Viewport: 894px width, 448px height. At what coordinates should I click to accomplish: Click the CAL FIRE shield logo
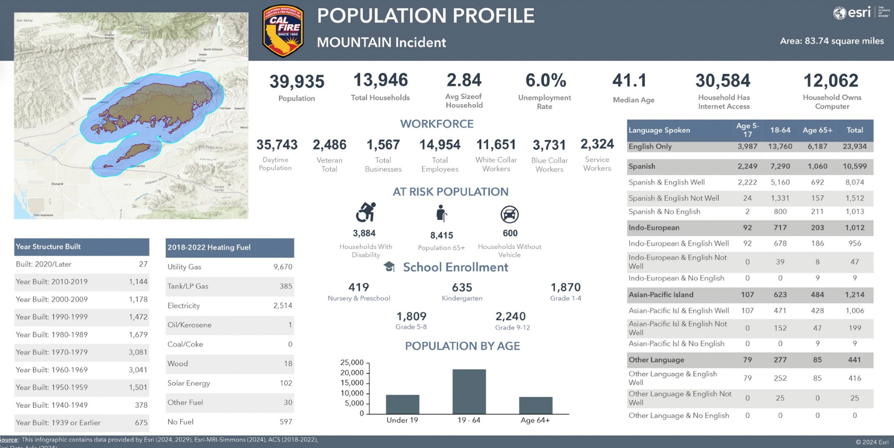(283, 31)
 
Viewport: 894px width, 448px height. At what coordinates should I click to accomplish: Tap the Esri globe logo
(839, 13)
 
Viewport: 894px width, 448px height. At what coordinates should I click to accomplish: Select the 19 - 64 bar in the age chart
(469, 391)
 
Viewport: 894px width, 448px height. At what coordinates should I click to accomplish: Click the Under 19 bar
(402, 404)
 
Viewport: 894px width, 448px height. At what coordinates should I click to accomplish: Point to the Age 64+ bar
(536, 405)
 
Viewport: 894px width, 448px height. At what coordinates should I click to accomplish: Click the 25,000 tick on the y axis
(352, 363)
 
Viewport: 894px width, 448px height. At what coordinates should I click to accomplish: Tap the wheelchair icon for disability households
(366, 212)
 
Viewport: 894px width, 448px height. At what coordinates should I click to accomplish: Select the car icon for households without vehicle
(510, 215)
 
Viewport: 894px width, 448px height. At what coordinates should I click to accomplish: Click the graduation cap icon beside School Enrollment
(389, 267)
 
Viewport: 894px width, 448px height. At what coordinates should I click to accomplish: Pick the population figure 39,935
(297, 82)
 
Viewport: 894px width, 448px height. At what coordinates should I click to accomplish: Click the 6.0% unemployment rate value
(546, 80)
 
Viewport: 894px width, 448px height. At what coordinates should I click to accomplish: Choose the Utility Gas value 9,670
(283, 267)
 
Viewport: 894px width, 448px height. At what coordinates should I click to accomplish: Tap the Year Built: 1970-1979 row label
(52, 352)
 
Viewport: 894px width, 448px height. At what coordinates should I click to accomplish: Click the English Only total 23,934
(855, 147)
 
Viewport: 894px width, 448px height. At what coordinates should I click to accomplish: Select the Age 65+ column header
(817, 130)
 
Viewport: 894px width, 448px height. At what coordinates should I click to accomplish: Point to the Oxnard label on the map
(57, 184)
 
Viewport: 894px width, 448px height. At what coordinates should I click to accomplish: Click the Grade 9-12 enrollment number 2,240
(510, 317)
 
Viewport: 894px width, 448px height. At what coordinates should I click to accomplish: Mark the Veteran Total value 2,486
(329, 145)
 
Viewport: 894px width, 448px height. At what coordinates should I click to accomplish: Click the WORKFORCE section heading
(437, 124)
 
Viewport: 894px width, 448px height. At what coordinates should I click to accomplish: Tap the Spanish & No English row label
(664, 212)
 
